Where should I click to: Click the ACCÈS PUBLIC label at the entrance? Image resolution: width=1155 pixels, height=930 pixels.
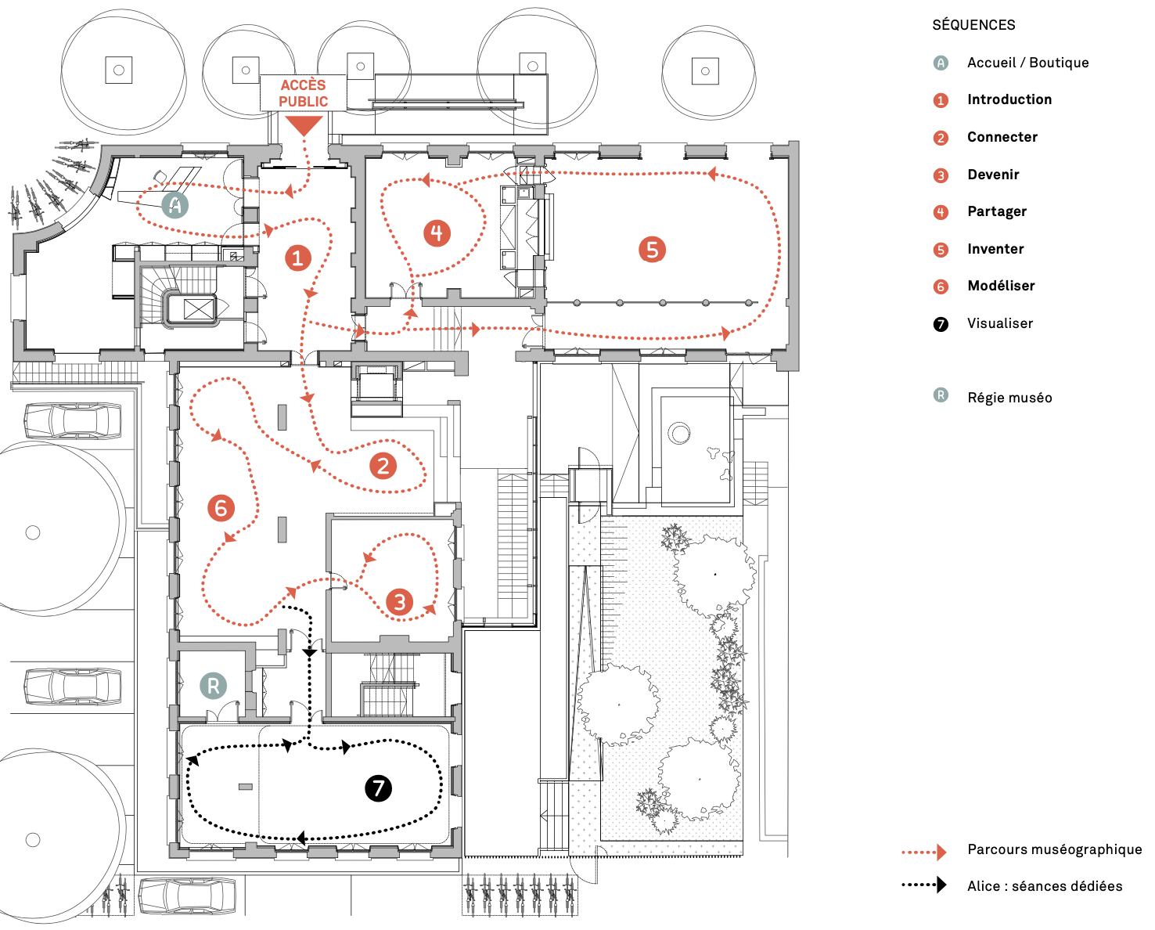[x=303, y=93]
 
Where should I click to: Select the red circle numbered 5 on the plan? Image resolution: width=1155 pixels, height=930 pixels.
[x=652, y=250]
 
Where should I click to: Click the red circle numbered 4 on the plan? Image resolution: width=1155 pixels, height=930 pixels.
[x=437, y=232]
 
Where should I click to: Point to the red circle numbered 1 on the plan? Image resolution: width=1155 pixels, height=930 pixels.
[x=297, y=258]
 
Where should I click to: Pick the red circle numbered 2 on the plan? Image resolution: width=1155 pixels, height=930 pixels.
[x=383, y=467]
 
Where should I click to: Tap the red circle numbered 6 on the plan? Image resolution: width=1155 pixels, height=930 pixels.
[x=221, y=508]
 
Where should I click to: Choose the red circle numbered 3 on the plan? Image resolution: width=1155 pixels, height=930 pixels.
[x=399, y=602]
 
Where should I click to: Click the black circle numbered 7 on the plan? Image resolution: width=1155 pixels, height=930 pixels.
[x=379, y=788]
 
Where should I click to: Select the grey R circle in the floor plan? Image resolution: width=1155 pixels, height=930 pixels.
[x=213, y=686]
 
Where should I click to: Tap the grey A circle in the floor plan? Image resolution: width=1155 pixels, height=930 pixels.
[x=175, y=205]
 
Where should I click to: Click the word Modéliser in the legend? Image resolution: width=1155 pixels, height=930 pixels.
[x=1001, y=286]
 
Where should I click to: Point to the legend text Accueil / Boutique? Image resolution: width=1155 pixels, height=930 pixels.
[x=1027, y=63]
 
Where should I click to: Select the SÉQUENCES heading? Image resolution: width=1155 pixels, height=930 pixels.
[x=973, y=25]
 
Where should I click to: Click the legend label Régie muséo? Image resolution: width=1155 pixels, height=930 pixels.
[x=1009, y=398]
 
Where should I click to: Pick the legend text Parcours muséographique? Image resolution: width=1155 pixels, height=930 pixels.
[x=1054, y=849]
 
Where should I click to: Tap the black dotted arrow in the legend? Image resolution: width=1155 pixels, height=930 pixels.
[x=924, y=885]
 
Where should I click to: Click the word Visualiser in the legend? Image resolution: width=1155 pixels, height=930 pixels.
[x=999, y=323]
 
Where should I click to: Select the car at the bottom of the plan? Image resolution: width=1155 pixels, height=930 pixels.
[x=187, y=896]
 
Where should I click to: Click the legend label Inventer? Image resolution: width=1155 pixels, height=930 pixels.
[x=995, y=249]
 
